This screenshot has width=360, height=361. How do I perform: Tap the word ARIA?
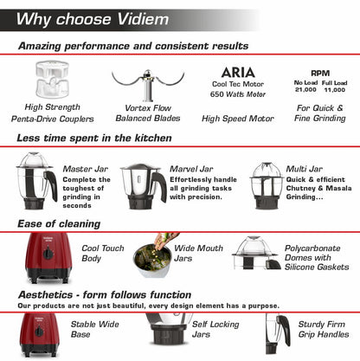tap(236, 71)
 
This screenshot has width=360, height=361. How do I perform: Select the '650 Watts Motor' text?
tap(236, 96)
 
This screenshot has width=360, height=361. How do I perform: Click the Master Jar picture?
tap(35, 182)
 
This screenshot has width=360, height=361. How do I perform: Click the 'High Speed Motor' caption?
tap(236, 118)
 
